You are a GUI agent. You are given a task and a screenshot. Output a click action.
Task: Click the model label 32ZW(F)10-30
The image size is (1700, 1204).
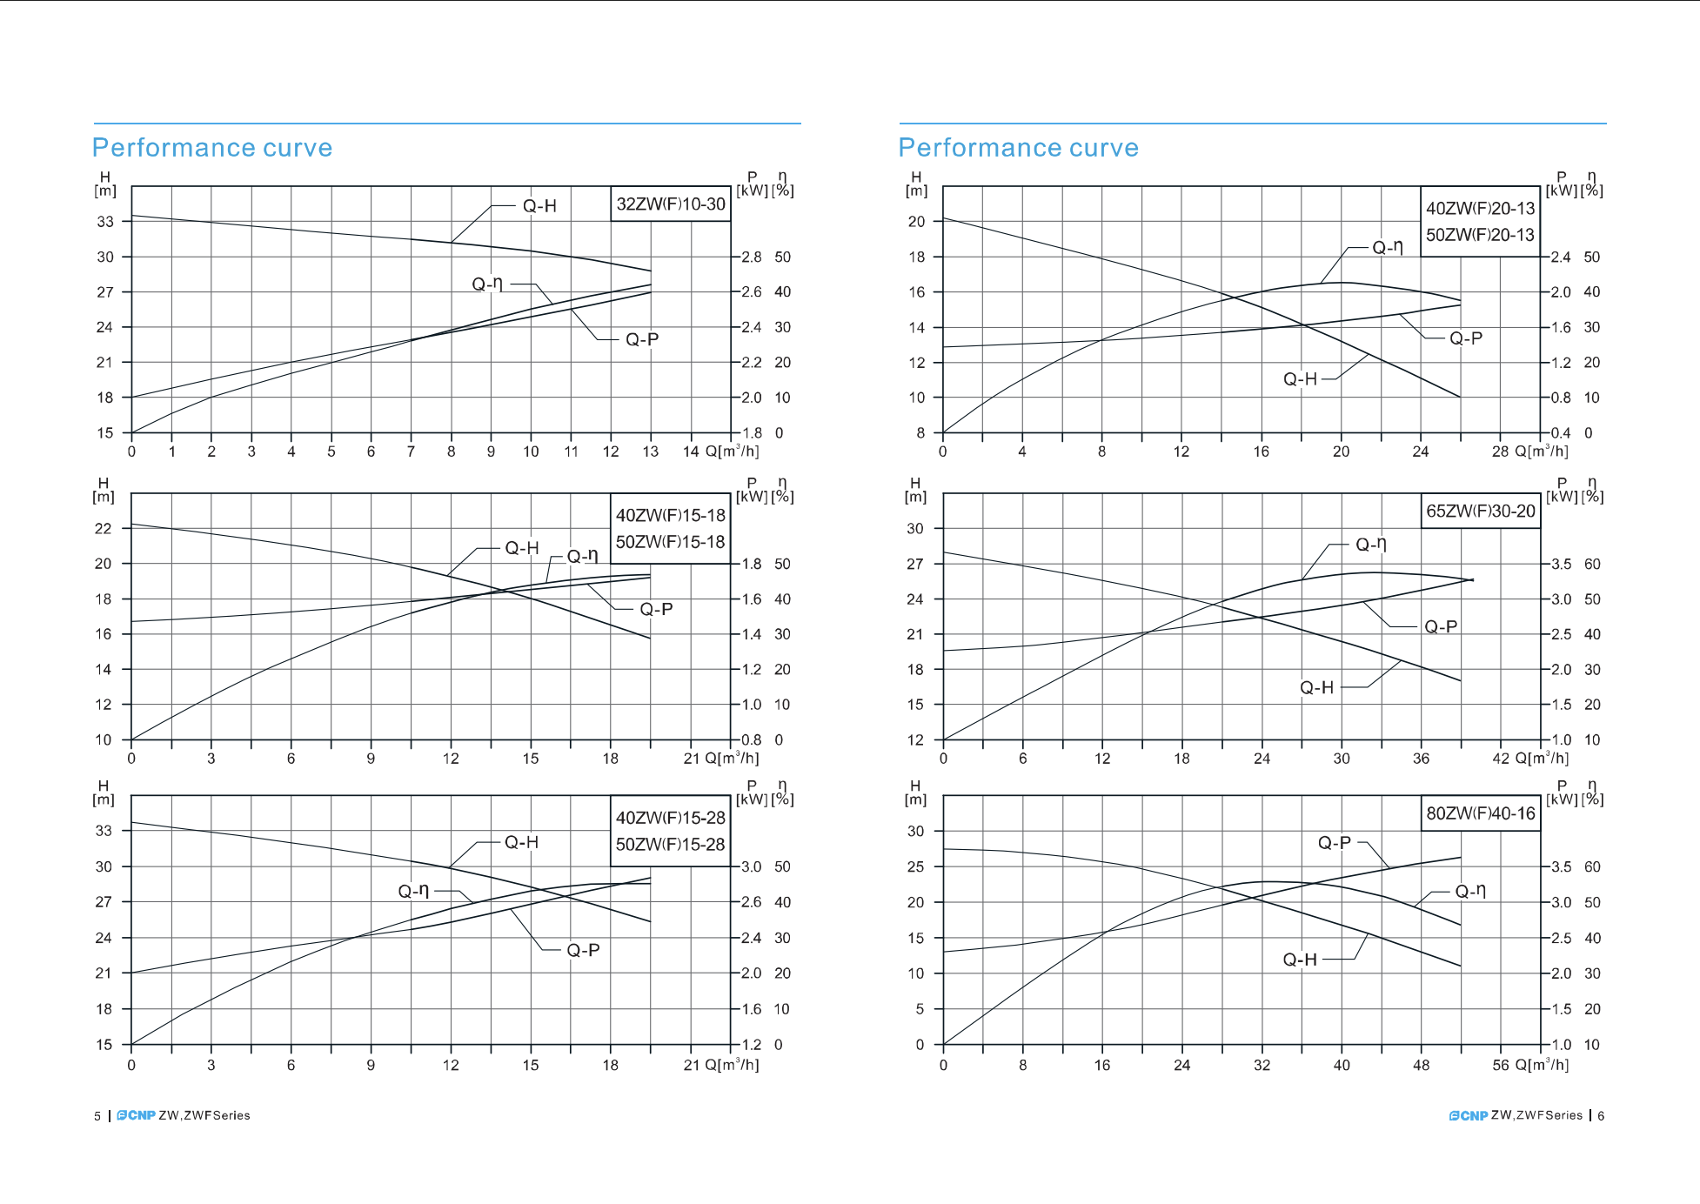tap(670, 204)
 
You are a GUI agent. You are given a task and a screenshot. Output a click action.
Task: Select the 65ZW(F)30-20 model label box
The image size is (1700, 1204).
tap(1480, 512)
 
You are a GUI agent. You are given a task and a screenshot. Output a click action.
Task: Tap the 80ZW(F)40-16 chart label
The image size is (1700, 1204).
tap(1480, 813)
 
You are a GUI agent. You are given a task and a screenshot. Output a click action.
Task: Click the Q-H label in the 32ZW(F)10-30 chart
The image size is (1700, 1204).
tap(539, 206)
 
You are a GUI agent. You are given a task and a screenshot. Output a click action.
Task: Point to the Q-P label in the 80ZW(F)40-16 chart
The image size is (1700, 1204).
tap(1334, 842)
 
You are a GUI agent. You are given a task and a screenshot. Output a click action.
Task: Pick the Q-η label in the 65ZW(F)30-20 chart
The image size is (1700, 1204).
tap(1370, 545)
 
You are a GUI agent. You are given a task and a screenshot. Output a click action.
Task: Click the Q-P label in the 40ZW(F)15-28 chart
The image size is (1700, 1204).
tap(583, 950)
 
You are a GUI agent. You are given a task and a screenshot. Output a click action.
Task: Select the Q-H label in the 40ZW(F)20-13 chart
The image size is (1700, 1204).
tap(1300, 379)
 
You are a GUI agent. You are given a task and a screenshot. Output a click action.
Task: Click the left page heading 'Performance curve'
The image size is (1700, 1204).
tap(212, 148)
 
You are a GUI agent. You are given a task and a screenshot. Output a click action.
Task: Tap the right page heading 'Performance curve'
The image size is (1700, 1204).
tap(1018, 148)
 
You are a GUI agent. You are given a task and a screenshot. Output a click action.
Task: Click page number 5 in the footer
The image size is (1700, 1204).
tap(97, 1116)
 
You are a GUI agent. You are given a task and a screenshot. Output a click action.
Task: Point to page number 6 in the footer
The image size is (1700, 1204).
tap(1601, 1116)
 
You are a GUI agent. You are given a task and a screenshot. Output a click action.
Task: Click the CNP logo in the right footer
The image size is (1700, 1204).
tap(1468, 1116)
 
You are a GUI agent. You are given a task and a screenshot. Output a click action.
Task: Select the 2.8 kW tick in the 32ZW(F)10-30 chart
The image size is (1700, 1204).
tap(751, 257)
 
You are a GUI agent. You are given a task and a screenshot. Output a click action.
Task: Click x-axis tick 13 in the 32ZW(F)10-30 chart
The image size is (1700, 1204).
tap(650, 451)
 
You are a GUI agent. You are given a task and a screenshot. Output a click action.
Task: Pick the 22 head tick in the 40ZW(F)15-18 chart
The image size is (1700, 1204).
tap(104, 528)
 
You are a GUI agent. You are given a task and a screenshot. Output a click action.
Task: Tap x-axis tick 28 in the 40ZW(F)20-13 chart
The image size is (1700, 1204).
tap(1500, 451)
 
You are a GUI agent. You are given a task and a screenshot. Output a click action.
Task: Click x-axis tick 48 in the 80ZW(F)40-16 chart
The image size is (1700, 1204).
tap(1421, 1065)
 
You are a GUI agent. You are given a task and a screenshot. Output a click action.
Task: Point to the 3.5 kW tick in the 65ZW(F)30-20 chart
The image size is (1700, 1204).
tap(1562, 564)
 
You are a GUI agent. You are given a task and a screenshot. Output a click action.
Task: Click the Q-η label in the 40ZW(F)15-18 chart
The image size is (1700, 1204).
tap(582, 556)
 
